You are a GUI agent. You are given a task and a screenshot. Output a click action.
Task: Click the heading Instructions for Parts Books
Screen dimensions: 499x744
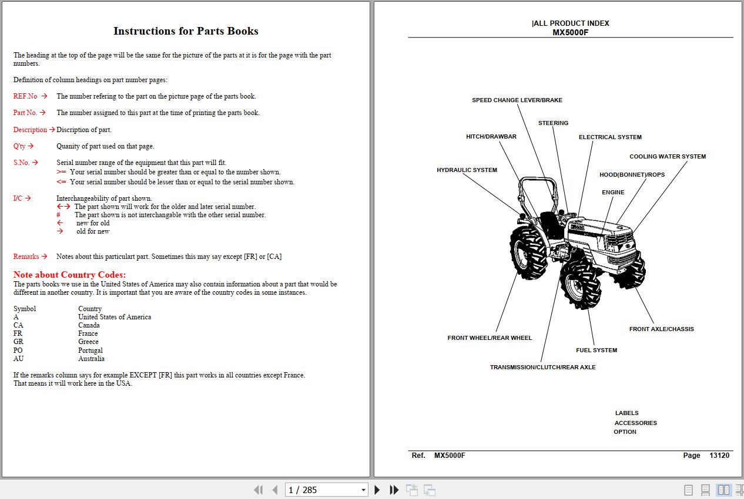[x=186, y=31]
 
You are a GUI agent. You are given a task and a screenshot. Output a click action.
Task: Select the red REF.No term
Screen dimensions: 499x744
[x=25, y=96]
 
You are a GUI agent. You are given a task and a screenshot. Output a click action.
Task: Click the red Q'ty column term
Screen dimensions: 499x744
[x=19, y=146]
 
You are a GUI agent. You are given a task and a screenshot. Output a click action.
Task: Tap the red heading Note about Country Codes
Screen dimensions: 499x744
[x=69, y=275]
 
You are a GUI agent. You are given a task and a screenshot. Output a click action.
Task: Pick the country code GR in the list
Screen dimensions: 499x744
[x=18, y=342]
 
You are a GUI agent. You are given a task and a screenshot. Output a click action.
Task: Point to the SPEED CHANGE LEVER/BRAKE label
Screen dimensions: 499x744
[x=517, y=100]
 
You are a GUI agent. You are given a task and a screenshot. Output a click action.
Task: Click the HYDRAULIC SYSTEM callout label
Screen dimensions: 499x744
[x=467, y=170]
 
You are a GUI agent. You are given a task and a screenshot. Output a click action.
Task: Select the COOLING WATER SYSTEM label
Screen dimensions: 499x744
[x=668, y=157]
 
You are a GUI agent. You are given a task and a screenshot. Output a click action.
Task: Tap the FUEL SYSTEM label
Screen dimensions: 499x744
[x=596, y=350]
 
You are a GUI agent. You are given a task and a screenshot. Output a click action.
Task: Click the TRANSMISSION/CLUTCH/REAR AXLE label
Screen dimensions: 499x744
[x=542, y=367]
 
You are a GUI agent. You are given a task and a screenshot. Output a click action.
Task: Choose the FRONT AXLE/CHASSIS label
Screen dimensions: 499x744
[x=661, y=329]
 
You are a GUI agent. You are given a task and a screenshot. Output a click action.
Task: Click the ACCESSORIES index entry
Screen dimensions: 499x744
[x=635, y=423]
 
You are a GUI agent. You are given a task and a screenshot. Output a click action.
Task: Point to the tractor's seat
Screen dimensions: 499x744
[x=551, y=224]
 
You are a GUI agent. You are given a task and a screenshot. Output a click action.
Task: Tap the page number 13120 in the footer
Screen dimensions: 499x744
[x=719, y=456]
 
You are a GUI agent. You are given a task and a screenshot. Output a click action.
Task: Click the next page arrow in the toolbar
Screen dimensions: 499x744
[x=377, y=490]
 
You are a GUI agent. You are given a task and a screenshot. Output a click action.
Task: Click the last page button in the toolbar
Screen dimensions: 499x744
[x=394, y=490]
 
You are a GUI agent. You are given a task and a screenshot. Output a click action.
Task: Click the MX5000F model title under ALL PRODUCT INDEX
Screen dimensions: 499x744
[x=570, y=32]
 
